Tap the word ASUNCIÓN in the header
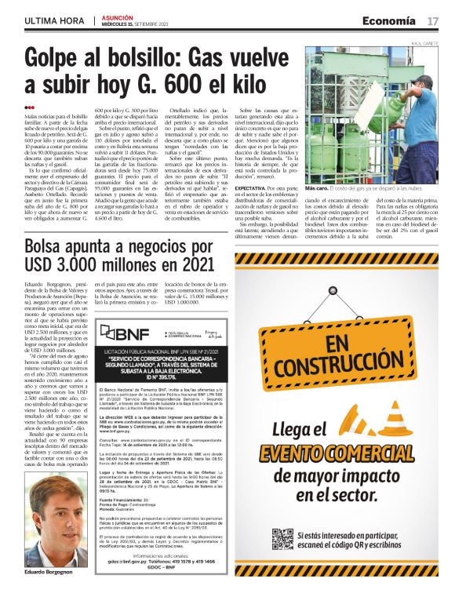point(118,16)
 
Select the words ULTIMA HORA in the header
point(55,20)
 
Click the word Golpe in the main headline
point(53,57)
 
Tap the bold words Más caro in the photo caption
point(318,189)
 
